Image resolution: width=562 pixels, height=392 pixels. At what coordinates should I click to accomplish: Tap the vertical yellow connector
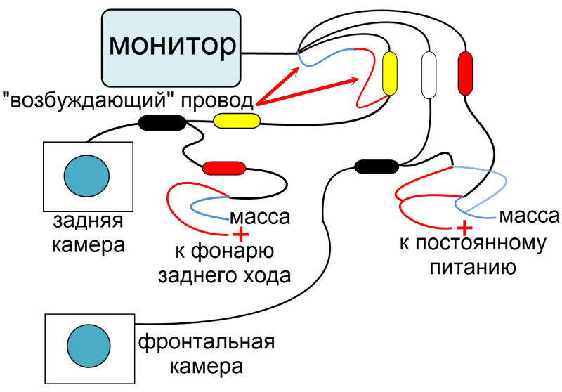[390, 74]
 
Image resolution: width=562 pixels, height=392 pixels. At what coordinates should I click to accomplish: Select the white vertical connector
[428, 74]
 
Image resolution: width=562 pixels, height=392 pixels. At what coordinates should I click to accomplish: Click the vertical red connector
[465, 74]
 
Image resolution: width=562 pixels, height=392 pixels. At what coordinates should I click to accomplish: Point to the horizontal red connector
[223, 168]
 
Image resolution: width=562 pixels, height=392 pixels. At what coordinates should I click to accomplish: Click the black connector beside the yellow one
[162, 123]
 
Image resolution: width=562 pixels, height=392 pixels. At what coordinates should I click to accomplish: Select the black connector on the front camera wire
[377, 166]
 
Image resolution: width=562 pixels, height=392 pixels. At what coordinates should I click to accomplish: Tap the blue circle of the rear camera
[87, 176]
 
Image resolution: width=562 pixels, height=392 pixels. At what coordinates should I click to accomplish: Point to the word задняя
[88, 223]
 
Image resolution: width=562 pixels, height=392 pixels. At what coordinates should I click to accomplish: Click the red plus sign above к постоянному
[463, 227]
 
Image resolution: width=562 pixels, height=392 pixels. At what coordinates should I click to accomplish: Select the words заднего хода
[224, 275]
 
